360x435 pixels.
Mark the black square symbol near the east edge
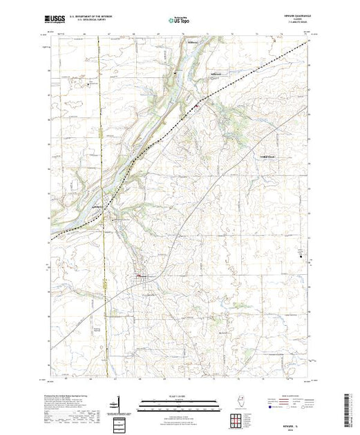pyautogui.click(x=301, y=254)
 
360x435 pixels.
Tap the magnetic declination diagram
pyautogui.click(x=120, y=405)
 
